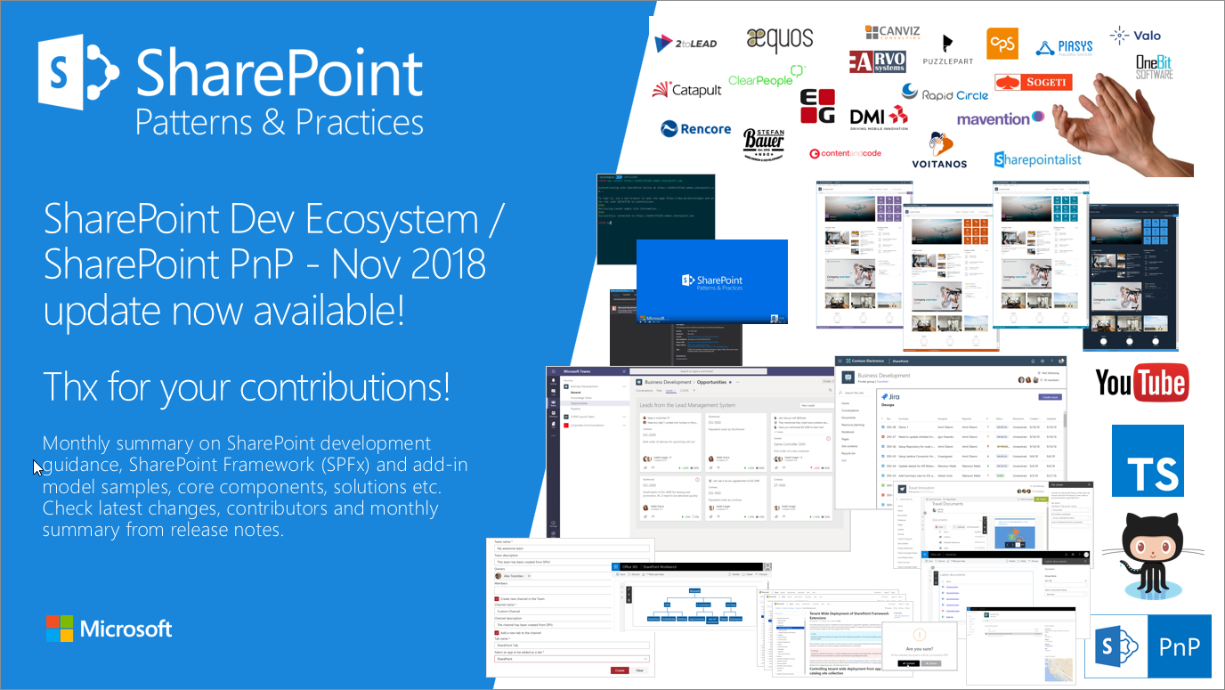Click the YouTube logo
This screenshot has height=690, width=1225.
1141,383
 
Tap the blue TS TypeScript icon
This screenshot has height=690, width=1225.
1148,460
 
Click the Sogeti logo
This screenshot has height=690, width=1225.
1033,83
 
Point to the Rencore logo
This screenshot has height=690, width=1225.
695,129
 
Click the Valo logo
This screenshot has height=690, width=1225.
1135,36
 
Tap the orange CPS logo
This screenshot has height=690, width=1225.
1002,44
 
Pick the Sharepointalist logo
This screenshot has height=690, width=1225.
1037,159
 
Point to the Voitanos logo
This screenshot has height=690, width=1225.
938,150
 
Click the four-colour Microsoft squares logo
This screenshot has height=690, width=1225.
59,629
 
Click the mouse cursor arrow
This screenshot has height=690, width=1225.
37,467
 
